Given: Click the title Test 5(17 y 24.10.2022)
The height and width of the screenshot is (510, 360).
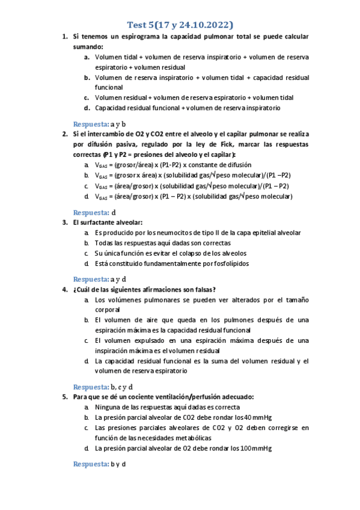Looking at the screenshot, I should point(180,25).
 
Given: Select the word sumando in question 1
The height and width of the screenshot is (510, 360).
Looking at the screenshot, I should point(87,46).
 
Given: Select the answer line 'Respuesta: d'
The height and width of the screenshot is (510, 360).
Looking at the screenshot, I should point(94,212).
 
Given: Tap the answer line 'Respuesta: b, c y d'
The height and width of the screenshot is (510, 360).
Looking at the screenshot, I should point(103,387).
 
